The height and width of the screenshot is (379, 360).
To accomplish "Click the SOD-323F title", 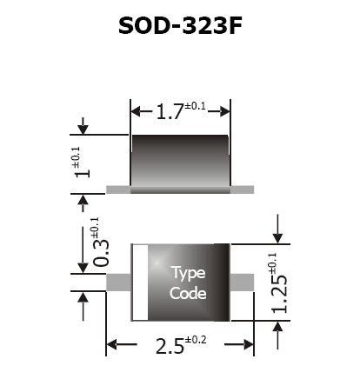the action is pos(180,25).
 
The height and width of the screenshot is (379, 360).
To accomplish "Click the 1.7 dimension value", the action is pos(170,111).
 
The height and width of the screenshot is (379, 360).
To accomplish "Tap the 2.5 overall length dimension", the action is pos(170,346).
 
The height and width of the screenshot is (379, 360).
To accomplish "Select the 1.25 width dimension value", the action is pos(279,294).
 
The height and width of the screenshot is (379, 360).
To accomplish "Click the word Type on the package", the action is pos(189,273).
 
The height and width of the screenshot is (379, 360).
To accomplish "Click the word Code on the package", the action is pos(188,293).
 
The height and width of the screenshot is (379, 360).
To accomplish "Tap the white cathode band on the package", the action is pos(141,283).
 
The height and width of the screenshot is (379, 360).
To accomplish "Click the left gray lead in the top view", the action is pos(118,283).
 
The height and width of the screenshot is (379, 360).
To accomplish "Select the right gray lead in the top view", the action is pos(242,283).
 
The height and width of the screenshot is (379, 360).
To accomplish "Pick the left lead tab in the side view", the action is pos(118,189).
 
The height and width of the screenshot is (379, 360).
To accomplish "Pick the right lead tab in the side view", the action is pos(243,189).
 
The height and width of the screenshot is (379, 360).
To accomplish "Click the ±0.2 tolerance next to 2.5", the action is pos(196,340).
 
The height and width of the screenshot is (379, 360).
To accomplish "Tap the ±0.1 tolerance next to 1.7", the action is pos(195,106).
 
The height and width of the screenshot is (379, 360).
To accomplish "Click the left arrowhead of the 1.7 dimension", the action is pos(137,111).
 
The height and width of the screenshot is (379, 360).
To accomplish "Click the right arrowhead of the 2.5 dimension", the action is pos(249,344).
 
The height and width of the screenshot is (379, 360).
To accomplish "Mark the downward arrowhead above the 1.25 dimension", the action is pos(278,238).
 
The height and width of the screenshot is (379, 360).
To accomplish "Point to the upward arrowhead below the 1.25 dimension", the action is pos(278,327).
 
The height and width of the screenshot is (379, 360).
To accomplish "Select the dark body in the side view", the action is pos(180,163).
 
